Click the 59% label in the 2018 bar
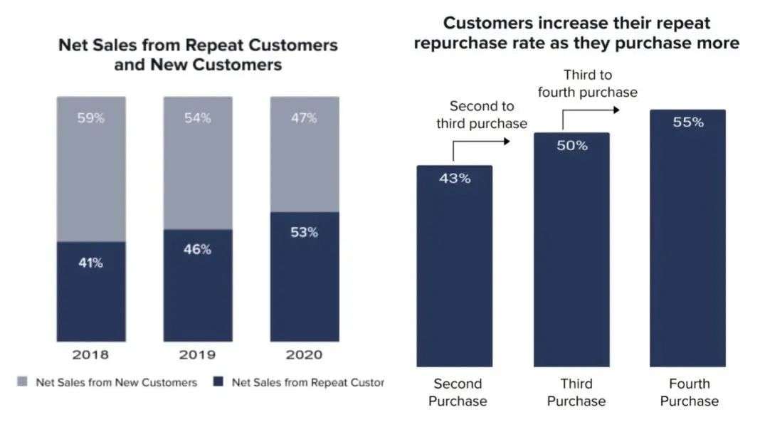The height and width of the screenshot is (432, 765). coord(91,118)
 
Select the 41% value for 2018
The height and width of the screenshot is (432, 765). coord(91,263)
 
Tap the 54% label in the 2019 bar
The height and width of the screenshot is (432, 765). coord(197,118)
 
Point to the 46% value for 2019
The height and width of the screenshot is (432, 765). coord(197,249)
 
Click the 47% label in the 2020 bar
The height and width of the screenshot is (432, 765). coord(304,118)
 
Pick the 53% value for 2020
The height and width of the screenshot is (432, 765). coord(304,232)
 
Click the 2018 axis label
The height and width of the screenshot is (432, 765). coord(91,354)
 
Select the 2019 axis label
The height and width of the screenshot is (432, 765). coord(197,354)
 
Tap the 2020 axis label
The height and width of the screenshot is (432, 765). coord(304,354)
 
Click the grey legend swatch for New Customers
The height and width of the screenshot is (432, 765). coord(22,383)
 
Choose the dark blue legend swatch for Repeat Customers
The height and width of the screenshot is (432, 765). coord(218,383)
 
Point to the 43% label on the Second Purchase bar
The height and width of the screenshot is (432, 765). coord(455,179)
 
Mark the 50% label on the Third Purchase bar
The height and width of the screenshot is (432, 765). coord(571,146)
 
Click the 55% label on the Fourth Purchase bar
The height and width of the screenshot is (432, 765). coord(688,122)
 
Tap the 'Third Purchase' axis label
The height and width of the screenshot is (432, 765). coord(576,392)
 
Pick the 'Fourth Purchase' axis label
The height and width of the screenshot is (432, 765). coord(689,392)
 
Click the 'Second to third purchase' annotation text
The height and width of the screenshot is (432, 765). coord(482,115)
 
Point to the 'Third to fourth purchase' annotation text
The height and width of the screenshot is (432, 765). coord(587,83)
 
